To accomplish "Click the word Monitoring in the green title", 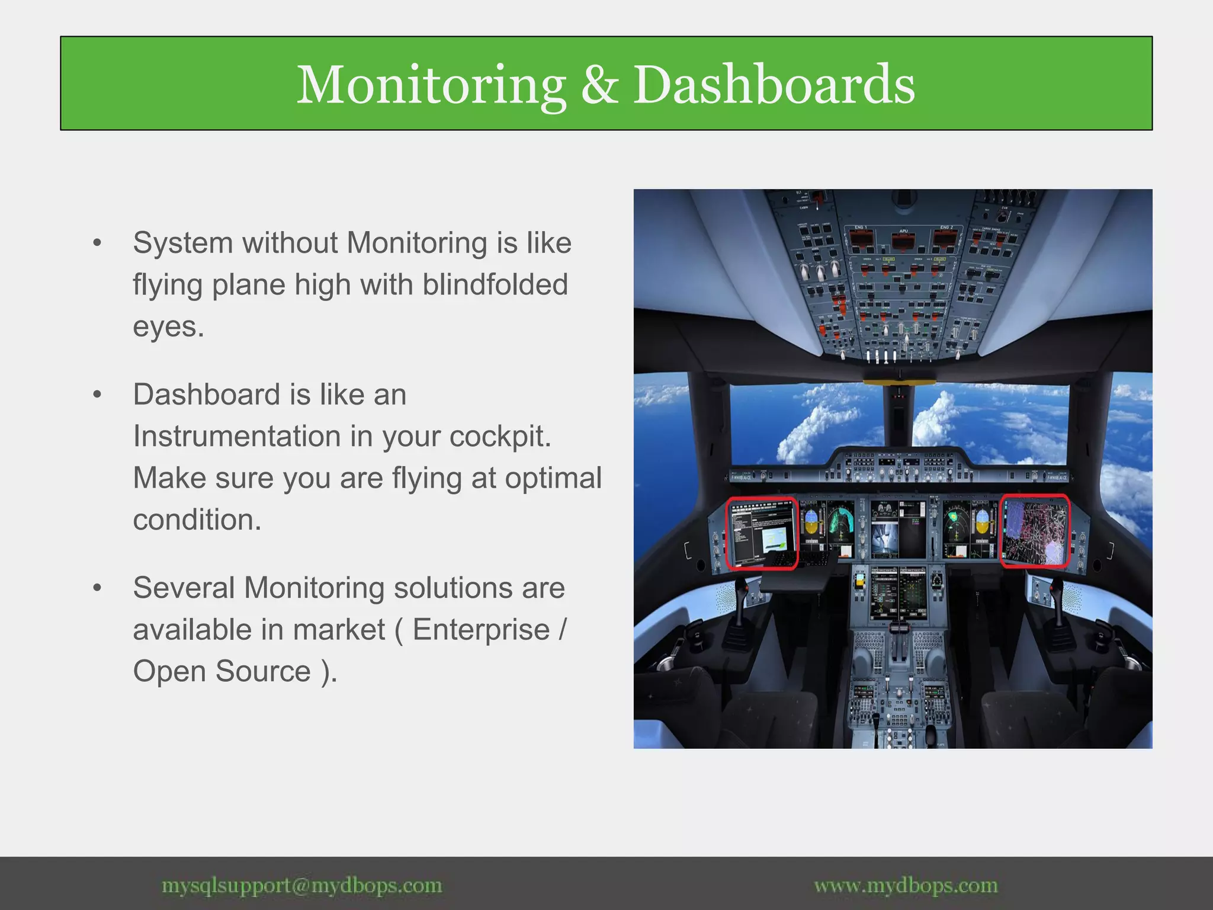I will point(431,85).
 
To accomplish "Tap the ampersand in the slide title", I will point(599,85).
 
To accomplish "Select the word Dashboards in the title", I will point(774,85).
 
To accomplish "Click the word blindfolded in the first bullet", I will point(495,284).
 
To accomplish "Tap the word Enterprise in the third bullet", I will point(481,629).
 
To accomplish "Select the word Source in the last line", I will point(263,671).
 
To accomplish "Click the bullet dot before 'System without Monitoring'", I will point(97,243).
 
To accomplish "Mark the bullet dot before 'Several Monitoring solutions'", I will point(97,588).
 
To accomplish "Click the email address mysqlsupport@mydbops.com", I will point(301,886).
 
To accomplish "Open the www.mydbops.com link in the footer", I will point(906,886).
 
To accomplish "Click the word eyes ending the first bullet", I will point(168,327).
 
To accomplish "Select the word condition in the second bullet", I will point(197,520).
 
